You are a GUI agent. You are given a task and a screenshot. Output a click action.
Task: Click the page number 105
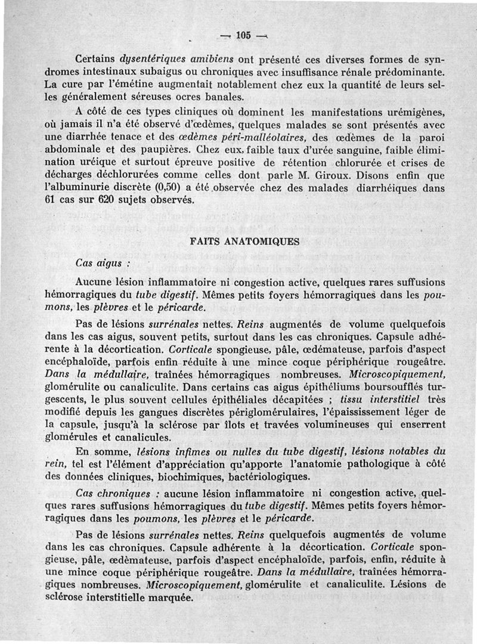[x=243, y=35]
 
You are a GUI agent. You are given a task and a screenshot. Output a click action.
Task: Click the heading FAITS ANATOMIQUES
[x=244, y=242]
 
